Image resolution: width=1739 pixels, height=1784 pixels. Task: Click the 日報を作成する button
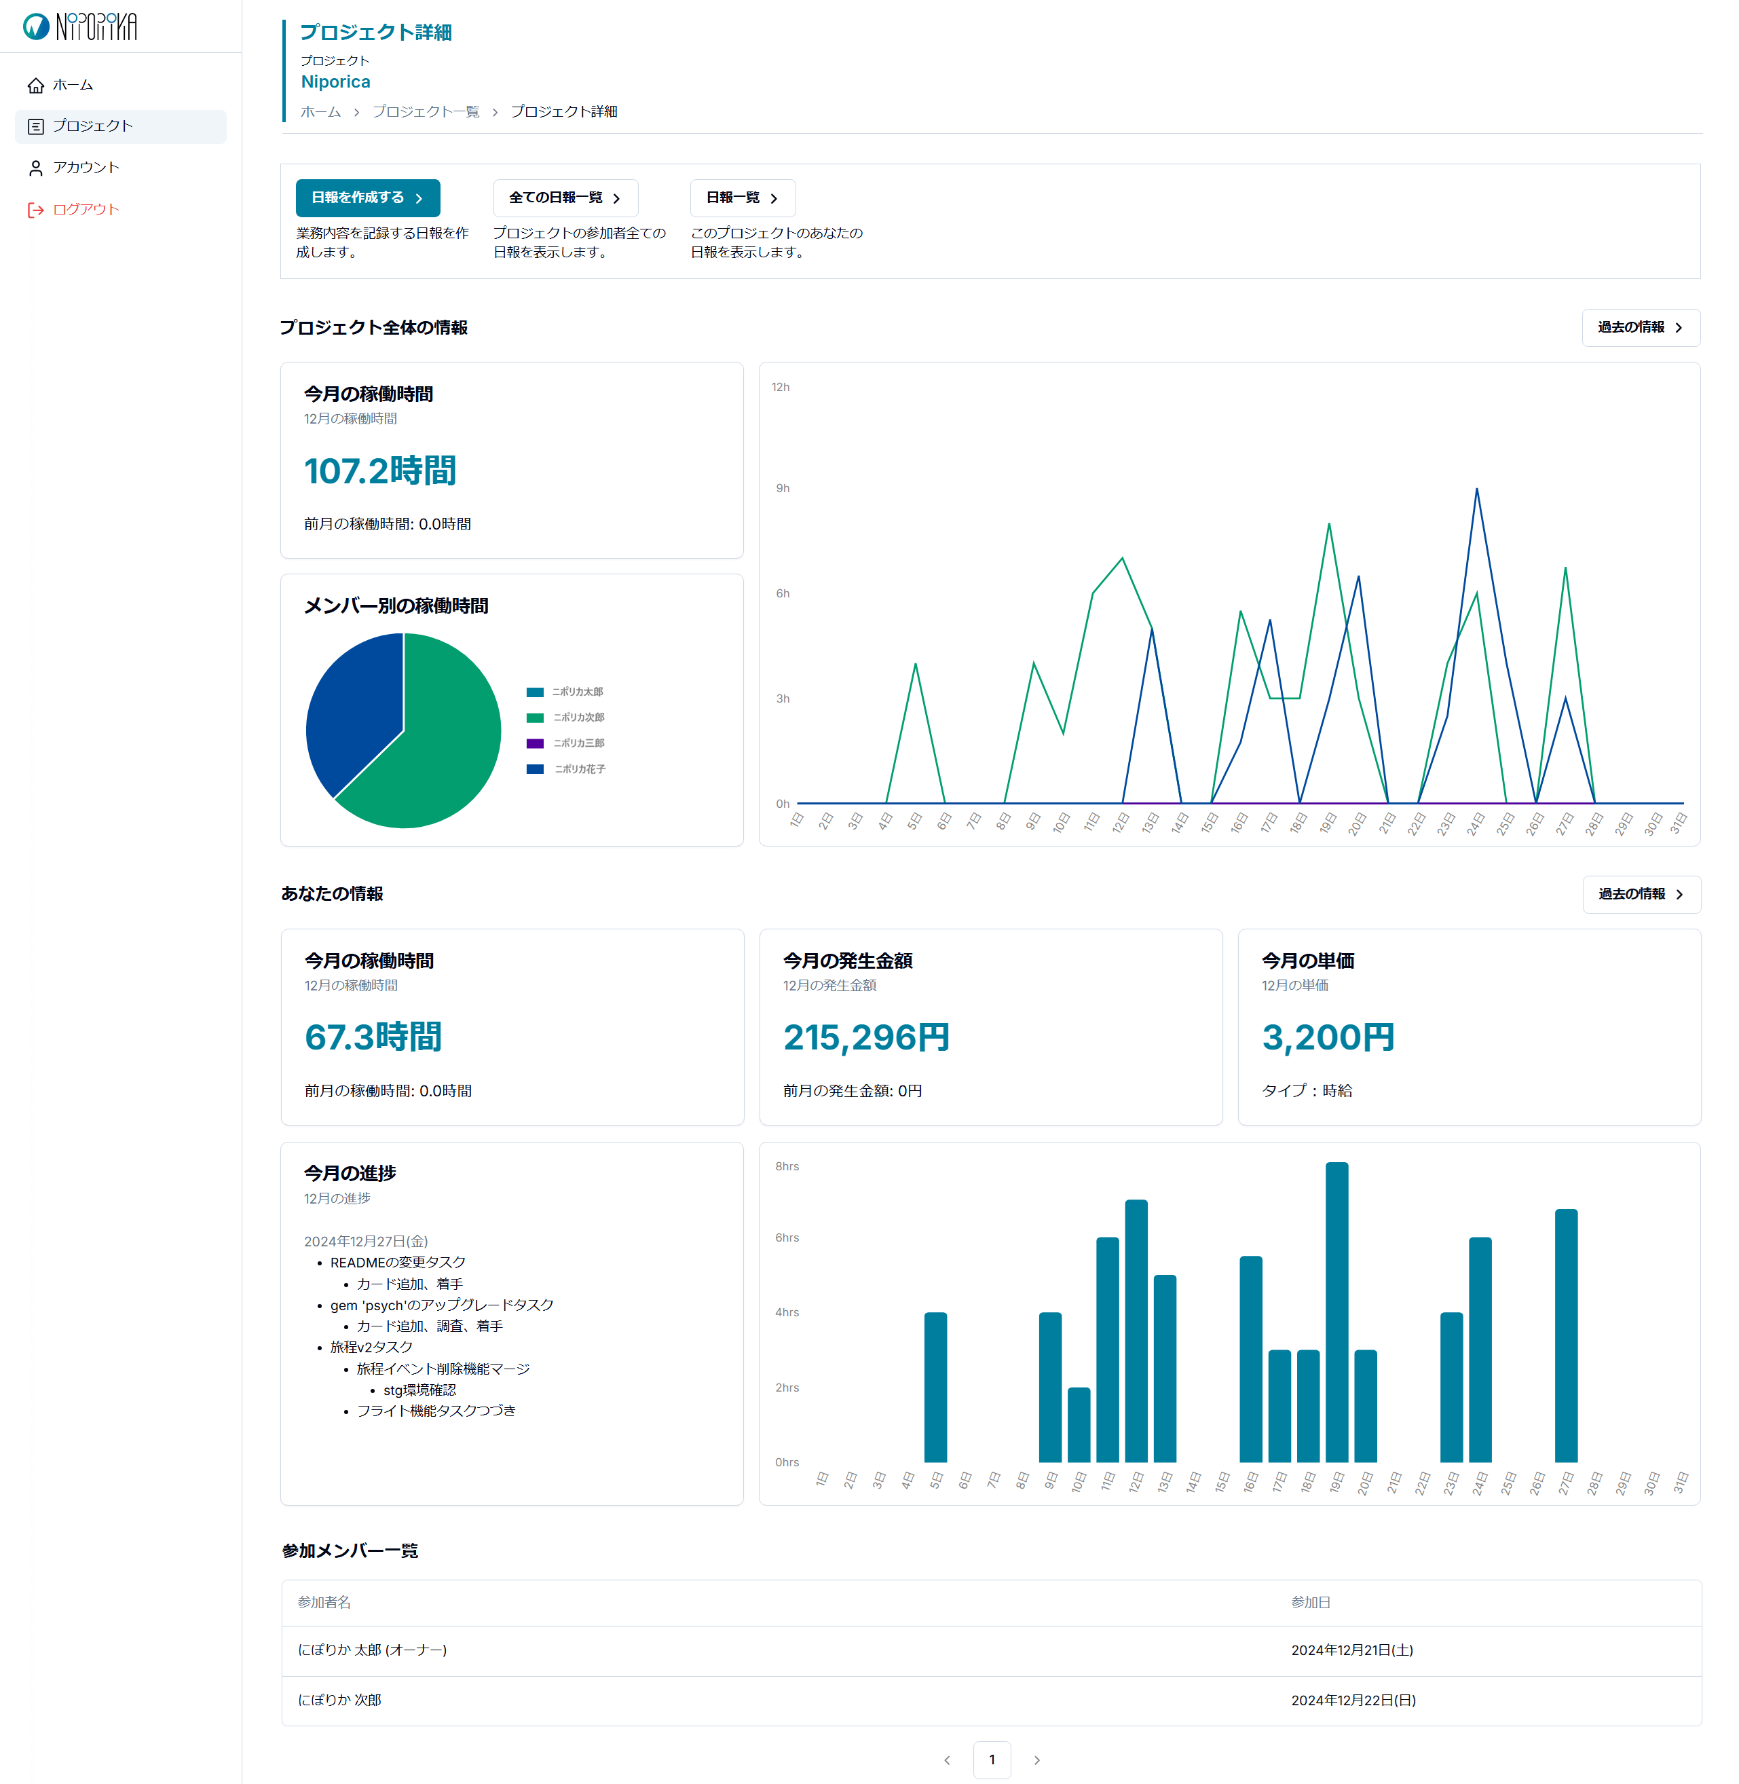(367, 198)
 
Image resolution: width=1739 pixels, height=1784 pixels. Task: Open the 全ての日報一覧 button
(565, 198)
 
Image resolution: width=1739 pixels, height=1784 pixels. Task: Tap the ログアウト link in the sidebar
(85, 210)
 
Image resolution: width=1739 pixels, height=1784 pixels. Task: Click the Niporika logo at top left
(80, 26)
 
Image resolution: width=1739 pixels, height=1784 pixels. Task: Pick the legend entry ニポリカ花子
(579, 769)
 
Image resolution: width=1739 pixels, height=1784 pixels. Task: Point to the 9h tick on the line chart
(783, 489)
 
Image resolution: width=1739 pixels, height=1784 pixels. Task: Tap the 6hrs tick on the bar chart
(787, 1238)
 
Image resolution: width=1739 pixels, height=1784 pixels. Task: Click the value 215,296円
(866, 1038)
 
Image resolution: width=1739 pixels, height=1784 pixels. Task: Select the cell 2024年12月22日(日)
(1353, 1700)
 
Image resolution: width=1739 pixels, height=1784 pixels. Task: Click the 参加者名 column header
(324, 1602)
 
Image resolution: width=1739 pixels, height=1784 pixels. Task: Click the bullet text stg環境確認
(419, 1390)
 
